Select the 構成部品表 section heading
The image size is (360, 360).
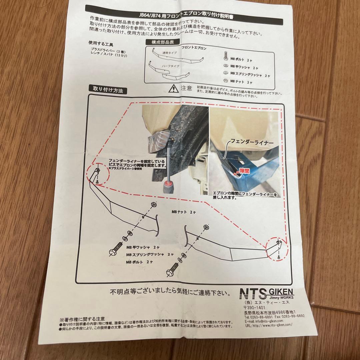click(162, 42)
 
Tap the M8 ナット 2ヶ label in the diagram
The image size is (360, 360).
click(183, 212)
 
